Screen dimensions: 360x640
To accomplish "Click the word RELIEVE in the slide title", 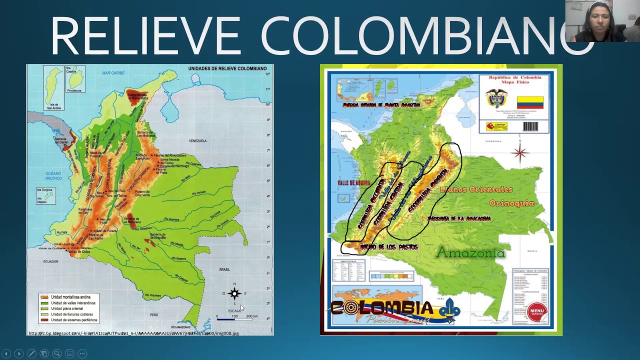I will pyautogui.click(x=145, y=36).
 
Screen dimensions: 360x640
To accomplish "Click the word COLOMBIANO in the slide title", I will pyautogui.click(x=425, y=36).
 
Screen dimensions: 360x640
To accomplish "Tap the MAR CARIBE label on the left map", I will pyautogui.click(x=113, y=73).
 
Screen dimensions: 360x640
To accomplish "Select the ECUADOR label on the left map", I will pyautogui.click(x=50, y=261).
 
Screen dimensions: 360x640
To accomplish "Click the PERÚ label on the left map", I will pyautogui.click(x=154, y=314).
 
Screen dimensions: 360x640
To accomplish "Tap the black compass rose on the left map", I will pyautogui.click(x=234, y=293).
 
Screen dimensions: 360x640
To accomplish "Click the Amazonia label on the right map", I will pyautogui.click(x=470, y=253).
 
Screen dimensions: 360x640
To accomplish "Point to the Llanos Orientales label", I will pyautogui.click(x=476, y=189).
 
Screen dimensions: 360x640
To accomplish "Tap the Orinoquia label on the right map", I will pyautogui.click(x=511, y=203).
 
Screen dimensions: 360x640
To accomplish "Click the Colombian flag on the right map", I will pyautogui.click(x=529, y=102).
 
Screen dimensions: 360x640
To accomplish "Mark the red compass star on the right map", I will pyautogui.click(x=520, y=152).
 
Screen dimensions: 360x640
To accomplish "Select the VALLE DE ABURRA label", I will pyautogui.click(x=353, y=183).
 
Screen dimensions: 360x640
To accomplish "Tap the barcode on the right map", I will pyautogui.click(x=530, y=126).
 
